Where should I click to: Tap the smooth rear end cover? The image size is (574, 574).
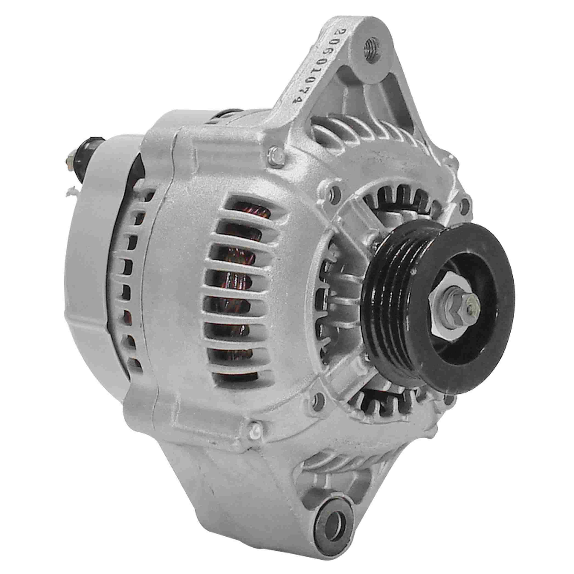pyautogui.click(x=89, y=267)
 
